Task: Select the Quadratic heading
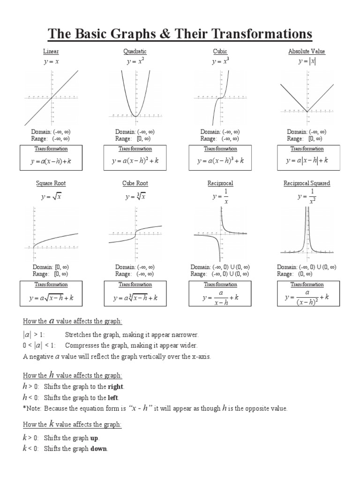click(x=136, y=52)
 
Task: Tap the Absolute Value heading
click(x=307, y=52)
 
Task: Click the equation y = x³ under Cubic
click(x=220, y=61)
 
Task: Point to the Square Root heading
click(x=51, y=183)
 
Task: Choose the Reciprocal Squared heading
click(x=307, y=183)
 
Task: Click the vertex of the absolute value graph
click(x=307, y=112)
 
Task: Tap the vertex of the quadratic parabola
click(x=135, y=115)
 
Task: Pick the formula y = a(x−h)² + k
click(x=135, y=161)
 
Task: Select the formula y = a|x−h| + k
click(x=307, y=161)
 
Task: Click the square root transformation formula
click(x=51, y=298)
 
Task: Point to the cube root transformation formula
click(x=135, y=298)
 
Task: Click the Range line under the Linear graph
click(x=51, y=139)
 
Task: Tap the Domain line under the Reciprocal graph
click(x=220, y=267)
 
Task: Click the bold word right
click(x=115, y=387)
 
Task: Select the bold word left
click(x=113, y=397)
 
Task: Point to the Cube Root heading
click(x=135, y=183)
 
